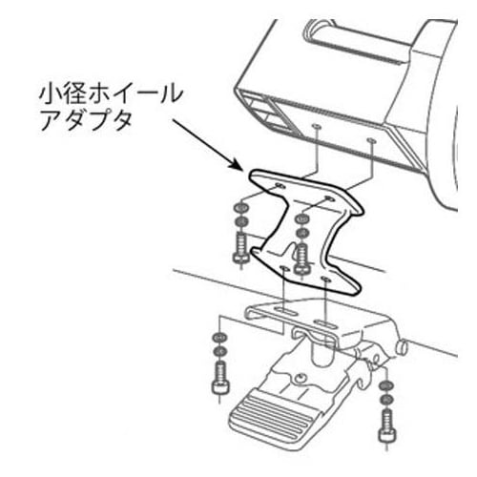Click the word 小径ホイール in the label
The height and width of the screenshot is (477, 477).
(111, 94)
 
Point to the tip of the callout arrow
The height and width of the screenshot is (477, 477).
(242, 171)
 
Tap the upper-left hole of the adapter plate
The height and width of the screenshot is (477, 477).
(280, 185)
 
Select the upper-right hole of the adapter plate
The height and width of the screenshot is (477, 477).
(329, 199)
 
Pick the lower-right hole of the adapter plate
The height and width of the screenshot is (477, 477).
(325, 280)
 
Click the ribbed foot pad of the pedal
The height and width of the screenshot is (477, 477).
(270, 414)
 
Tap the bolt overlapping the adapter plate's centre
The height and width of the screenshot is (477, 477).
(301, 258)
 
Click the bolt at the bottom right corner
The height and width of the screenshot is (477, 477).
(387, 425)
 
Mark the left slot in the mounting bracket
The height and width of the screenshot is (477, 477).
(285, 312)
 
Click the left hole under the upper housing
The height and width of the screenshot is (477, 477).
(316, 127)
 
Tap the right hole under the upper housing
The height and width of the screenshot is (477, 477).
(371, 140)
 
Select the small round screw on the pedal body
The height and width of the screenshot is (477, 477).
(300, 378)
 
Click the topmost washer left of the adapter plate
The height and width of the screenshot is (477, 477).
(240, 209)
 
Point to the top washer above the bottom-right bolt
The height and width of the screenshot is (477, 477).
(386, 386)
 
